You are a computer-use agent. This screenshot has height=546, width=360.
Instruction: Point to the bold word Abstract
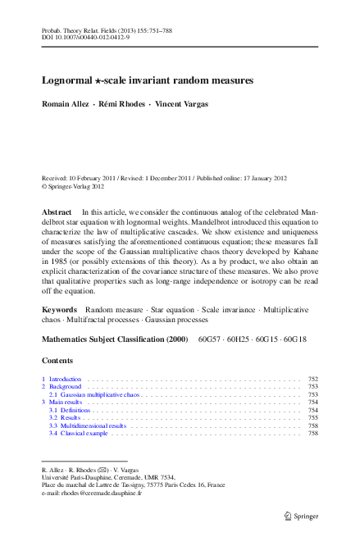pyautogui.click(x=57, y=212)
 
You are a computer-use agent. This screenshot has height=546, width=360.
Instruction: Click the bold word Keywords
pyautogui.click(x=60, y=309)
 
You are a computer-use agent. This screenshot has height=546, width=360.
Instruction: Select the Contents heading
pyautogui.click(x=57, y=361)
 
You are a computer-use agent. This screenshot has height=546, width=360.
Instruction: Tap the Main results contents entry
pyautogui.click(x=64, y=403)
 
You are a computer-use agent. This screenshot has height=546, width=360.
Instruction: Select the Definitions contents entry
pyautogui.click(x=71, y=410)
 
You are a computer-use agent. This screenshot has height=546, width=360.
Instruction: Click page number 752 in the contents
pyautogui.click(x=312, y=380)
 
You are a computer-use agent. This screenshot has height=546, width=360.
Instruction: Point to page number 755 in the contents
pyautogui.click(x=312, y=418)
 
